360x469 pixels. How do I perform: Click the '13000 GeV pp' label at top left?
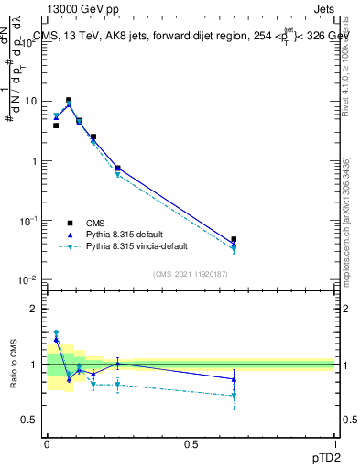pos(80,8)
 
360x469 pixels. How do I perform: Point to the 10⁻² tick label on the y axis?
pos(27,279)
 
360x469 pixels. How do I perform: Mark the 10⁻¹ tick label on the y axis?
pos(27,220)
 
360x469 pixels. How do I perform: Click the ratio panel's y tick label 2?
pos(36,309)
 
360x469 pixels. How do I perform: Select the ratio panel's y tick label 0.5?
pos(31,420)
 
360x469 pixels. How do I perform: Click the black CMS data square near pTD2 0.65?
pos(234,239)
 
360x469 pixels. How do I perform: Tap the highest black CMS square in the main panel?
pos(69,100)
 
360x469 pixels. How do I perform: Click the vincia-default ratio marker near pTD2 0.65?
pos(234,396)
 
